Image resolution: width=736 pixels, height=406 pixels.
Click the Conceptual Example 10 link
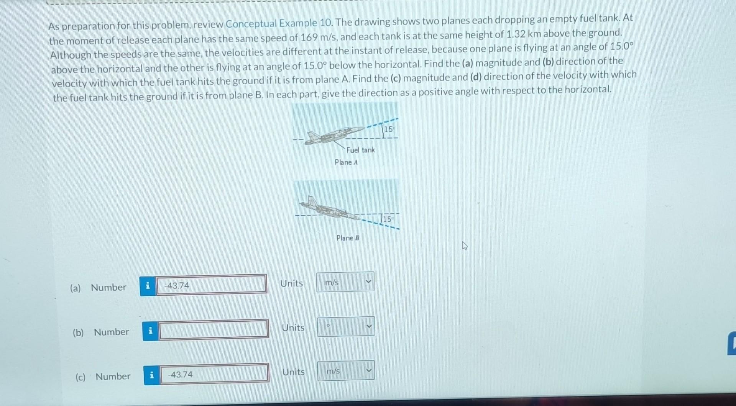tap(271, 24)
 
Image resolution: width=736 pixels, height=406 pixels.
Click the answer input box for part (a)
tap(211, 285)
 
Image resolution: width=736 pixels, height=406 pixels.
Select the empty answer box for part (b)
tap(214, 329)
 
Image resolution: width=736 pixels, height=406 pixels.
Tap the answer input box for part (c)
tap(214, 373)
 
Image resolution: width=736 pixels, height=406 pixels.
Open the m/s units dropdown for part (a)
tap(345, 282)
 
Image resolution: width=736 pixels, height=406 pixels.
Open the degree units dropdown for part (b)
tap(346, 327)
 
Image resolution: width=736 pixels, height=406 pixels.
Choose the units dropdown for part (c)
tap(346, 371)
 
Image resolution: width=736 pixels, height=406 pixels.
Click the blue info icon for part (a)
tap(148, 286)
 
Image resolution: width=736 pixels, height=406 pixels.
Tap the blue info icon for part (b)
tap(150, 331)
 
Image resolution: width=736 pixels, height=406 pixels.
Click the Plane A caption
tap(346, 162)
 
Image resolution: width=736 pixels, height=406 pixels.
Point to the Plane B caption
tap(348, 238)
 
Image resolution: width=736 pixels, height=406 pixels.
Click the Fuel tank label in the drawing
tap(360, 150)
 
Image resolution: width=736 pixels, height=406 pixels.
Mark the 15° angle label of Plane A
tap(389, 129)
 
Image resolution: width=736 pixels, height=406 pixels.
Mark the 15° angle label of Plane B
tap(388, 219)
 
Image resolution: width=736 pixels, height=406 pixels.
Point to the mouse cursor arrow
tap(465, 246)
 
